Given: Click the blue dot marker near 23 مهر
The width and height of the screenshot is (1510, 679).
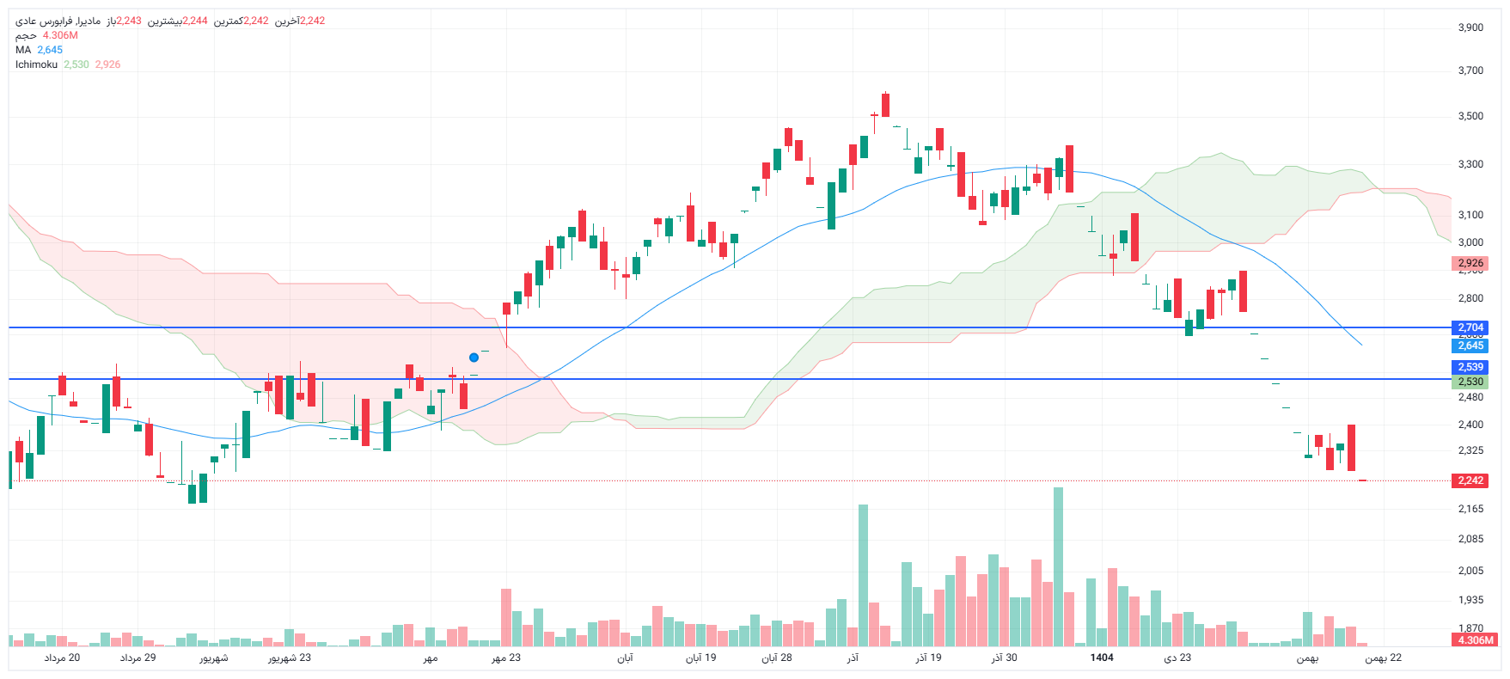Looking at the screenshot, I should tap(474, 358).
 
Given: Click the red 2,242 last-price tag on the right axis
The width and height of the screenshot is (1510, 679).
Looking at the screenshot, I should tap(1470, 480).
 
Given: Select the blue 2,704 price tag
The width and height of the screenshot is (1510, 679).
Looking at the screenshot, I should tap(1470, 327).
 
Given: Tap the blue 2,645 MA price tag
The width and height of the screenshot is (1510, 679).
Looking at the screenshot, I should tap(1470, 346).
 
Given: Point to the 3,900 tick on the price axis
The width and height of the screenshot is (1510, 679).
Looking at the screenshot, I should tap(1470, 28).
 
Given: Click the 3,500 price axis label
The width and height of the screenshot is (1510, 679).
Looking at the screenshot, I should tap(1470, 116).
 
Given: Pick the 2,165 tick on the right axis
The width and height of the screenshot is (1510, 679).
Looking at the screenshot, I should tap(1470, 509).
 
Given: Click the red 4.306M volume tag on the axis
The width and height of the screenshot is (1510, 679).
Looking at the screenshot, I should tap(1475, 640).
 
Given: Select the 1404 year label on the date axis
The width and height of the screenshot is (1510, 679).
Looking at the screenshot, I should tap(1102, 658).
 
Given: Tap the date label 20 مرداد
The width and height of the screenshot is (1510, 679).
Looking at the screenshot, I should tap(62, 658).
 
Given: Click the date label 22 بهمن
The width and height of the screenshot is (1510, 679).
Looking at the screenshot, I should tap(1384, 658).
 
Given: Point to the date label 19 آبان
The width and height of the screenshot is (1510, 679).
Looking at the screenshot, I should tap(700, 658).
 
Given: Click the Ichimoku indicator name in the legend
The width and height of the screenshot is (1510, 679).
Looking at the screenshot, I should tap(36, 64).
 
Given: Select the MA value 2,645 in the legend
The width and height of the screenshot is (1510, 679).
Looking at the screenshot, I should tap(50, 50).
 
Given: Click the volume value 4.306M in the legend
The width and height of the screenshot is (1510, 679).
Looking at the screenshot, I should tap(60, 35).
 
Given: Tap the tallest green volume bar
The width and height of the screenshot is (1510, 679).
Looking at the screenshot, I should tap(1058, 567).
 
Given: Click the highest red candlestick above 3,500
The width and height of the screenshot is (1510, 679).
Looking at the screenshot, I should tap(885, 105).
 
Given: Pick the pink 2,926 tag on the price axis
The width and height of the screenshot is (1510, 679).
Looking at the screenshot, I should tap(1470, 263).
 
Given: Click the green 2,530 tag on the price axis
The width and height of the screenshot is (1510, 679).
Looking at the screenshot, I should tap(1470, 382).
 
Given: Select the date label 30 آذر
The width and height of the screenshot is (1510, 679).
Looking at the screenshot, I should tap(1004, 658).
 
